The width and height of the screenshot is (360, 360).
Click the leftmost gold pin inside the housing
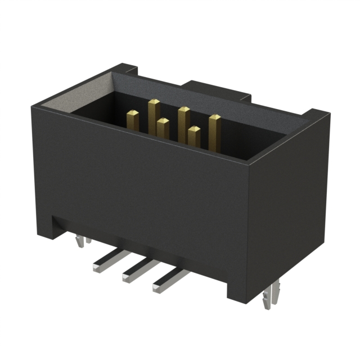point(133,120)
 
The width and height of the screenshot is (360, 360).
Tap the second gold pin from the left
point(154,115)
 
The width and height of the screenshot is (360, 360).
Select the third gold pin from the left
point(163,128)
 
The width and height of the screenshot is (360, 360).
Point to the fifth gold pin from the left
point(194,136)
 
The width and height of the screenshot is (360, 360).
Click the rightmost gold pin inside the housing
point(214,130)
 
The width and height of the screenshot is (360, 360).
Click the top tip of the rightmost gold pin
point(214,117)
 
